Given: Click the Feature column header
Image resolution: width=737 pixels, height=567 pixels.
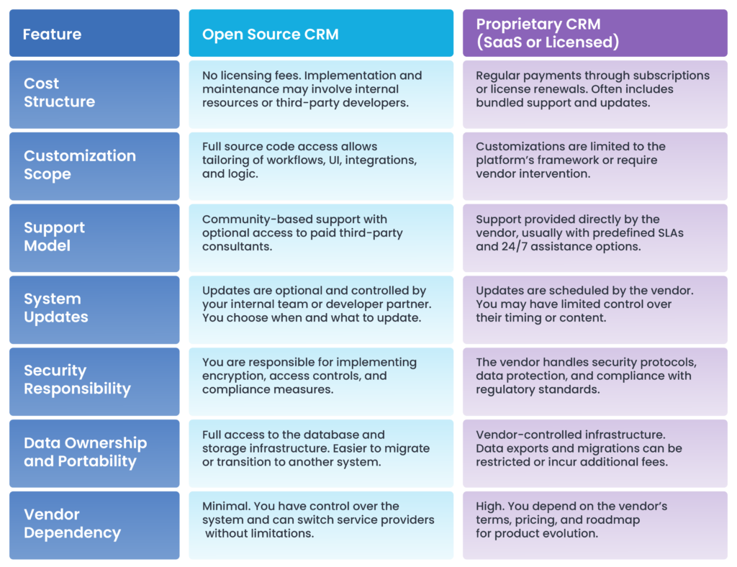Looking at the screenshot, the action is click(94, 33).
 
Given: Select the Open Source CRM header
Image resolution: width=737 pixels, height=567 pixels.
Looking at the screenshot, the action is click(321, 33).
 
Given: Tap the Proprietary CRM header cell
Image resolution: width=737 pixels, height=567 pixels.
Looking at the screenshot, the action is click(595, 33).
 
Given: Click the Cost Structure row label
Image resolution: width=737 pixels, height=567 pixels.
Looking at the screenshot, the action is click(94, 94).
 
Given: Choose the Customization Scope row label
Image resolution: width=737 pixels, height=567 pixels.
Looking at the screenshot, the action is click(94, 166).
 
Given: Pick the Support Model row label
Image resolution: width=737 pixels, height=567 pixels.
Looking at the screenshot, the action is click(94, 238).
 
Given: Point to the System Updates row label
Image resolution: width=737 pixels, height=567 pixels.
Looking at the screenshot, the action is click(94, 310).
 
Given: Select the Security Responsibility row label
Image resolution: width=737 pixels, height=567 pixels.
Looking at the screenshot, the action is click(94, 382).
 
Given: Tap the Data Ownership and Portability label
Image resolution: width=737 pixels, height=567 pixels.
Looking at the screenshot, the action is click(94, 454).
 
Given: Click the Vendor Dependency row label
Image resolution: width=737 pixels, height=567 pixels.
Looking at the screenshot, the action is click(94, 526).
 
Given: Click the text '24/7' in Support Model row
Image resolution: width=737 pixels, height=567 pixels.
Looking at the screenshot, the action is click(515, 247).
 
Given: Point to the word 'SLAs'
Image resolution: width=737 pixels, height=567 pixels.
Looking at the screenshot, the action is click(669, 233).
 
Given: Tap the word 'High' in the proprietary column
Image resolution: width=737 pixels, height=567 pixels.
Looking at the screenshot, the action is click(489, 507).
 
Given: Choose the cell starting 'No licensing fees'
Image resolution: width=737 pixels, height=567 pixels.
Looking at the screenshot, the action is click(321, 94).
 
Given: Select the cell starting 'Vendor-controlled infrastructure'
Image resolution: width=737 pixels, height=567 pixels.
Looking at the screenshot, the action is click(595, 454).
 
